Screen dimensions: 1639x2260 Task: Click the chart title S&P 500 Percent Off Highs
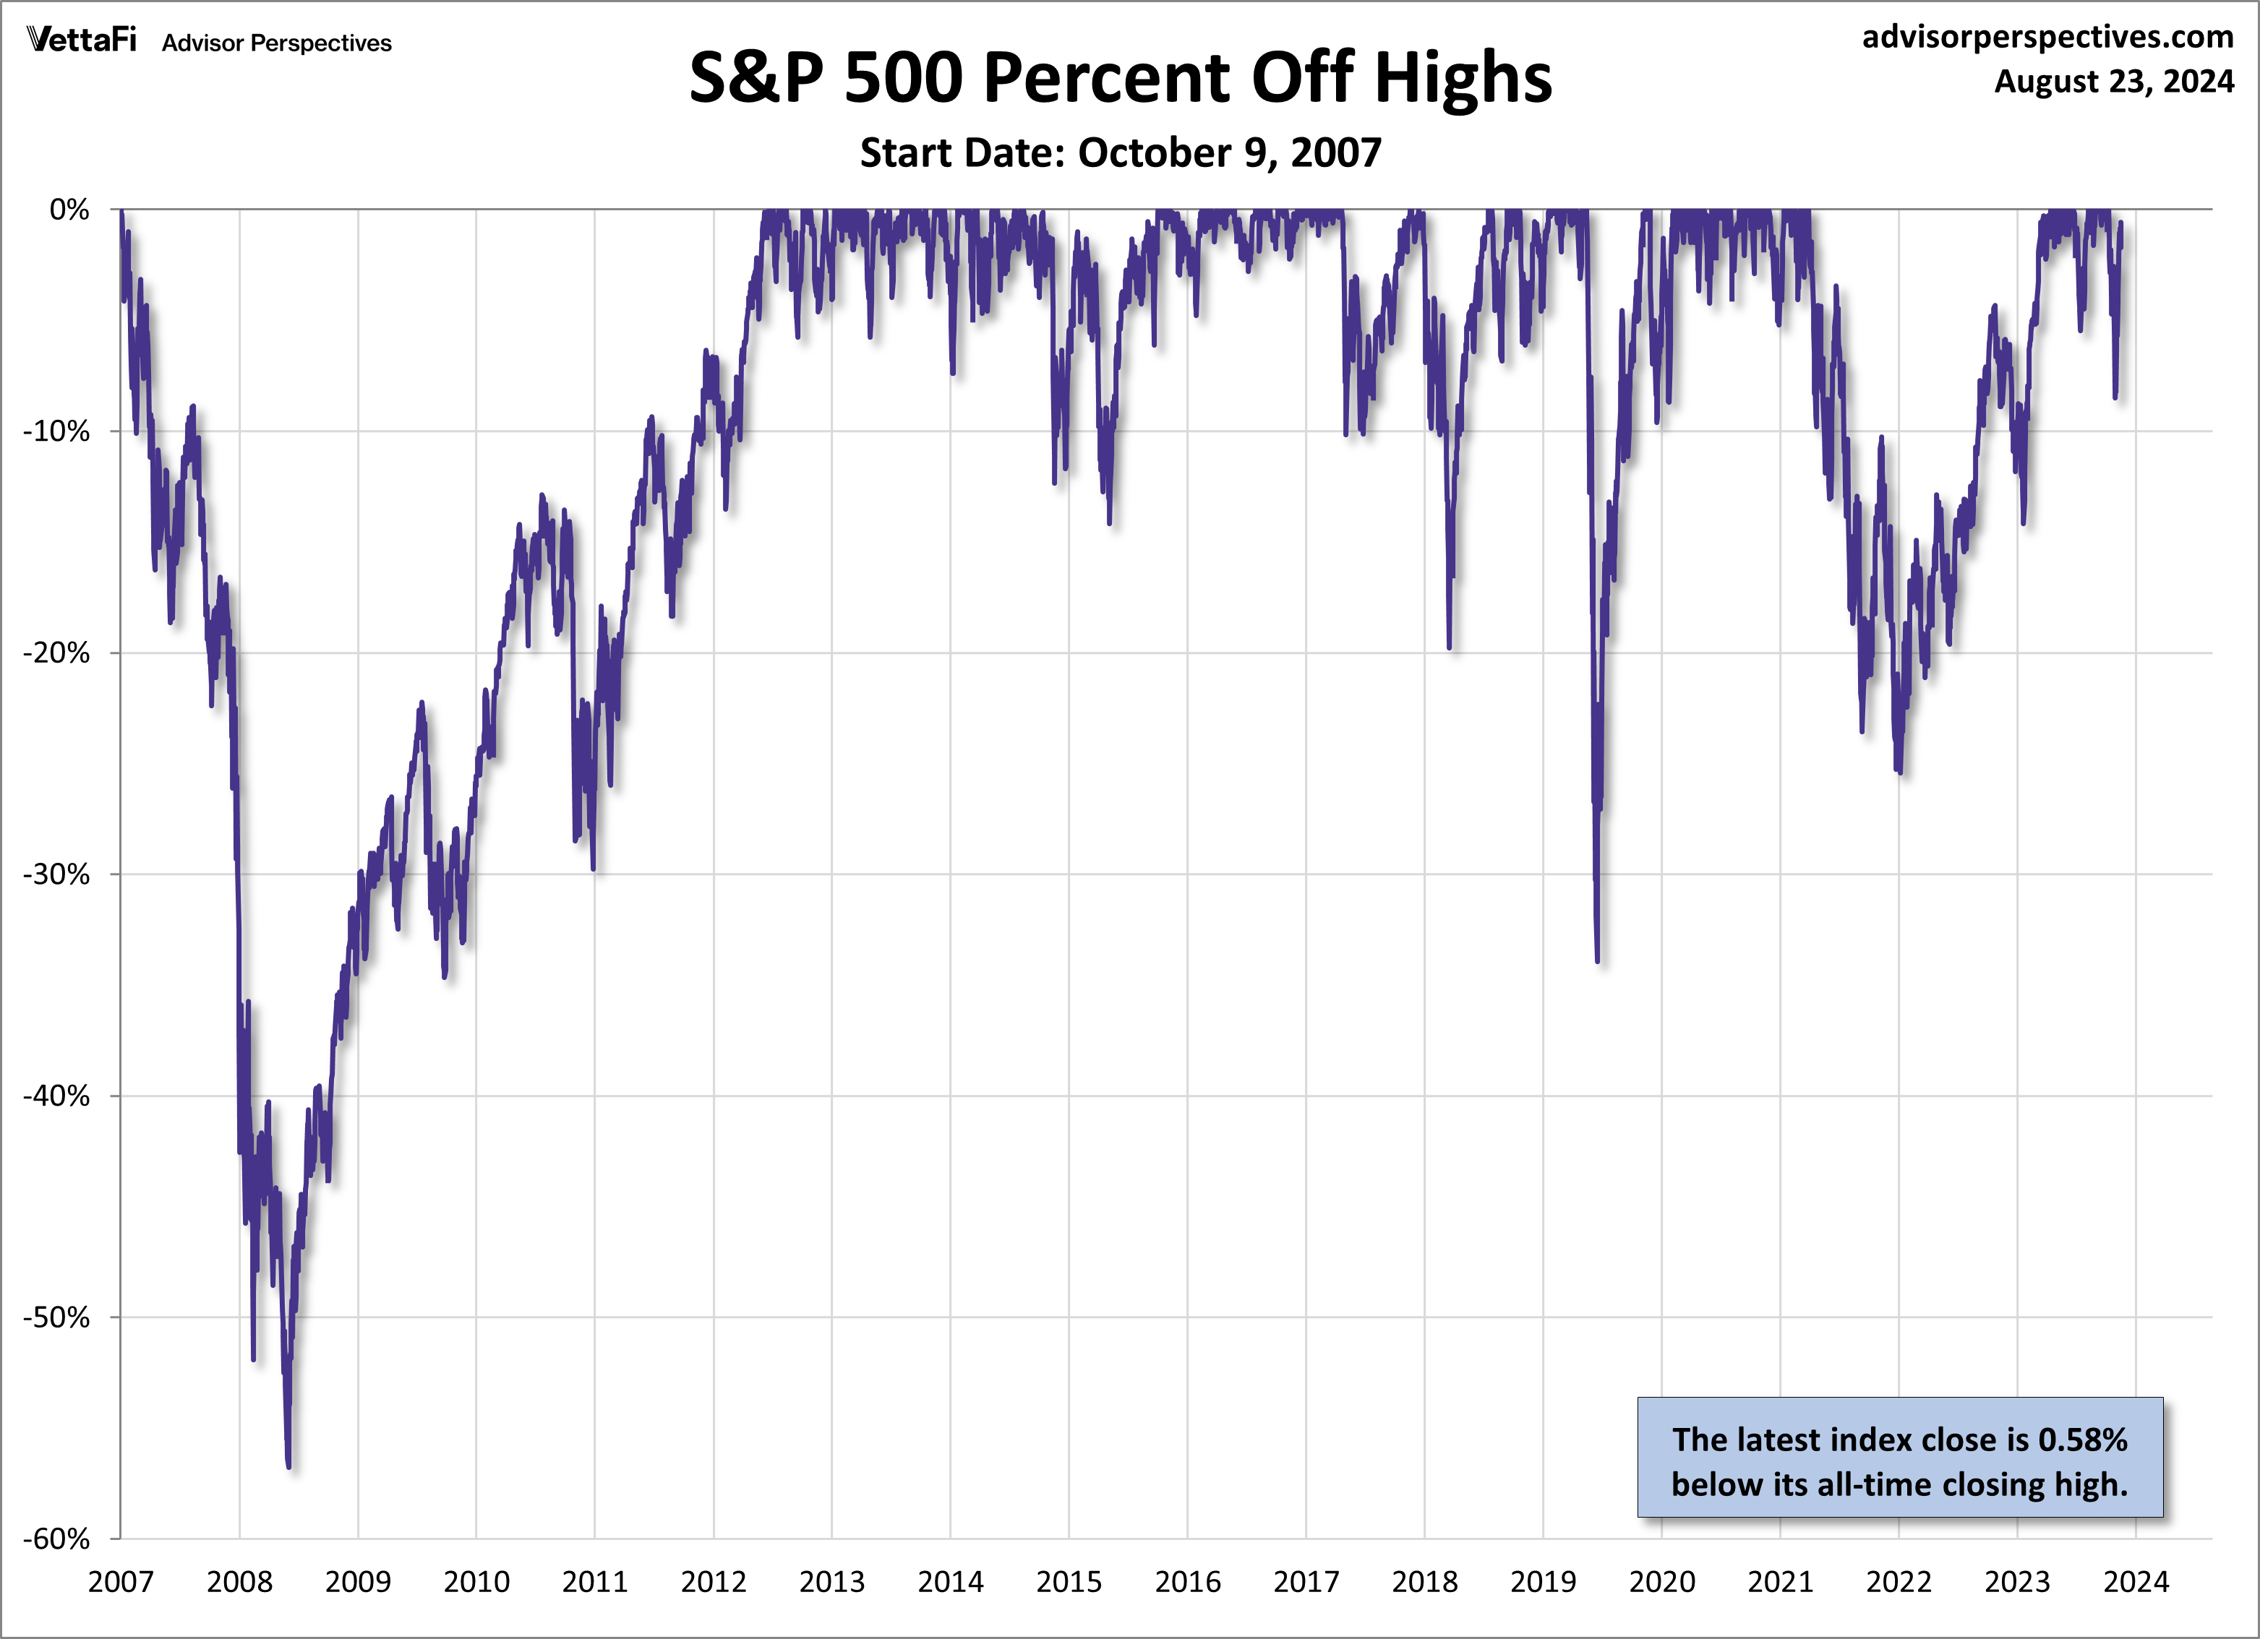tap(1120, 78)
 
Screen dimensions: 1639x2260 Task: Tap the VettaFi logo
tap(82, 41)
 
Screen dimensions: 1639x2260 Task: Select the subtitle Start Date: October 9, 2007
tap(1120, 152)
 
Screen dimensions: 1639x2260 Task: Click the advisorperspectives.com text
tap(2047, 37)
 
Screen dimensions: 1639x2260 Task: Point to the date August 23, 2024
tap(2113, 81)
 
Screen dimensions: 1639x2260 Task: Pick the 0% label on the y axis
tap(69, 210)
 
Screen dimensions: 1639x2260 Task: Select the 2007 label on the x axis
tap(121, 1582)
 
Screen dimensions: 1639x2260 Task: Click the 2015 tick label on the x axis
tap(1069, 1582)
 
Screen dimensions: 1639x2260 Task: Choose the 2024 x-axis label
tap(2136, 1582)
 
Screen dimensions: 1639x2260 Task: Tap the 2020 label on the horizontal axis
tap(1661, 1582)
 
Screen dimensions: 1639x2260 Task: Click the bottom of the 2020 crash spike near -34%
tap(1597, 960)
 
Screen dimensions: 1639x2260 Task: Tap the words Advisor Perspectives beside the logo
tap(277, 43)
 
